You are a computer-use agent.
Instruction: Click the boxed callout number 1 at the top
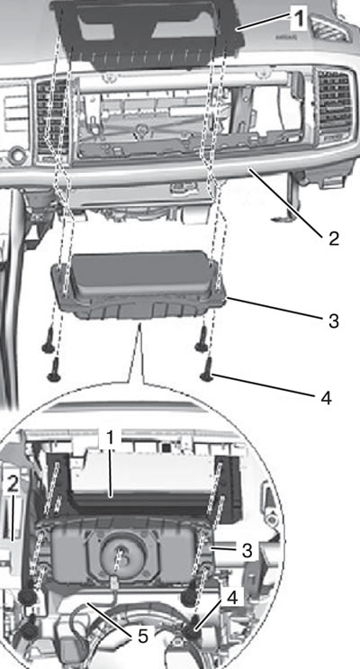(299, 19)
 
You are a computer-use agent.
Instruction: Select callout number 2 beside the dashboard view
(333, 238)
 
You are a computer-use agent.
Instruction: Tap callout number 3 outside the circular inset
(333, 321)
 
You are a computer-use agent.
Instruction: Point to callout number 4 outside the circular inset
(326, 398)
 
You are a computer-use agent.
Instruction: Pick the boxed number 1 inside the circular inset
(109, 438)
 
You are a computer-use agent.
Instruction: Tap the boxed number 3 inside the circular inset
(247, 550)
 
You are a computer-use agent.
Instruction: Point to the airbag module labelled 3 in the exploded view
(139, 285)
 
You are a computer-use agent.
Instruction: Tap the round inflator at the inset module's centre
(121, 553)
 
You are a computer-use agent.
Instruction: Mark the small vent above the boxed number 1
(329, 28)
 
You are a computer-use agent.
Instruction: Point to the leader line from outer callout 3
(274, 308)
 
